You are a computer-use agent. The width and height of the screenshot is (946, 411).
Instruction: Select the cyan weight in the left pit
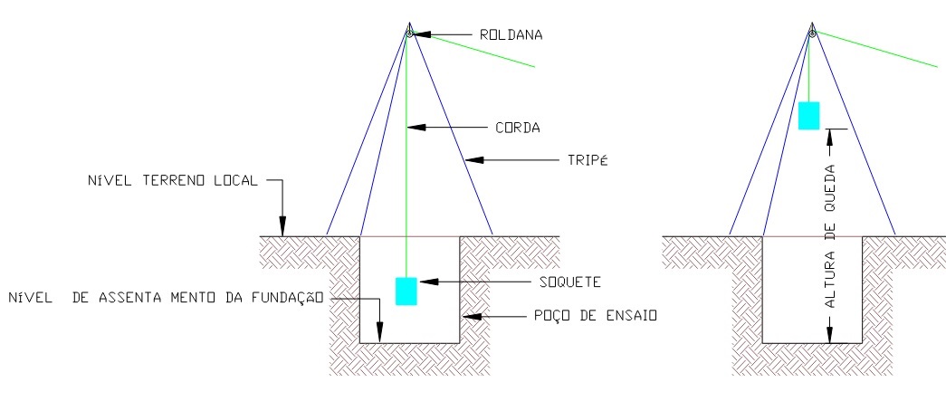click(x=406, y=291)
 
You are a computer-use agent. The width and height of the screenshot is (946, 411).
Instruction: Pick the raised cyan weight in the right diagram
click(x=809, y=116)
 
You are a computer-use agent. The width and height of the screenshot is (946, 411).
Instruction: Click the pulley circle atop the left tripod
click(x=409, y=33)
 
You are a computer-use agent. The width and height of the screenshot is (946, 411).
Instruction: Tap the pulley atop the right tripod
click(x=812, y=33)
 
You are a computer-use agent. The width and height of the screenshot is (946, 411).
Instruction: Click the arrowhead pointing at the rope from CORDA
click(x=415, y=128)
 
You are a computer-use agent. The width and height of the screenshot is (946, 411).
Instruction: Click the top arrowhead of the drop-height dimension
click(x=830, y=135)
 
